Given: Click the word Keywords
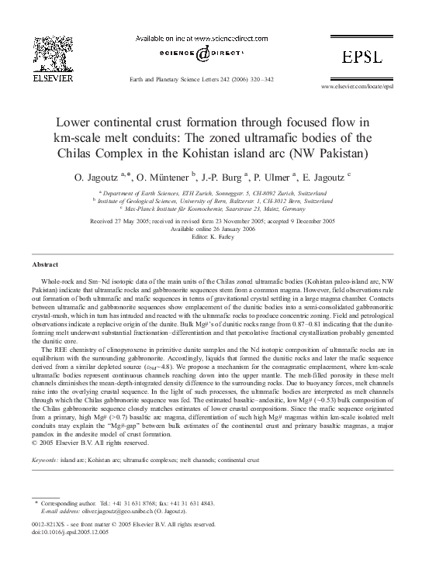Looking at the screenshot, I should [x=46, y=460].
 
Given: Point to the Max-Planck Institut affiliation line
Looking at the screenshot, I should [x=211, y=208].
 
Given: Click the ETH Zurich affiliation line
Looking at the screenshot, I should [x=211, y=191].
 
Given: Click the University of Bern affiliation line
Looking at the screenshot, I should [x=211, y=199].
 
